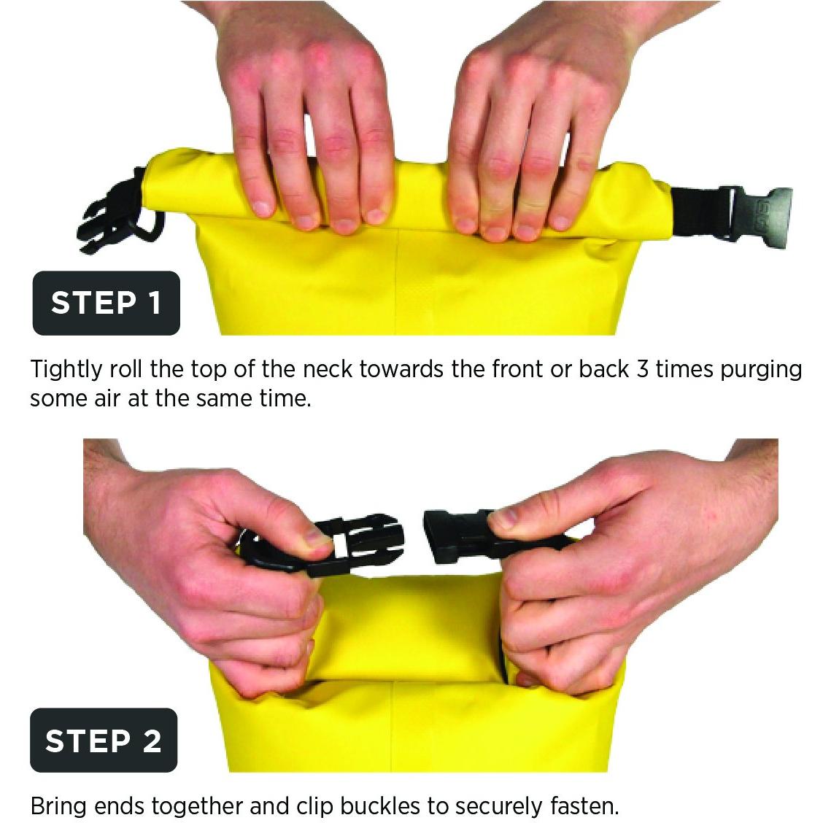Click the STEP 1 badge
tap(106, 303)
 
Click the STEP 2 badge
tap(104, 740)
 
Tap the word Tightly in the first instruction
tap(66, 370)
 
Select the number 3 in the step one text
tap(643, 369)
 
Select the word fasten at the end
tap(584, 805)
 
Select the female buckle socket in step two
tap(462, 536)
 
